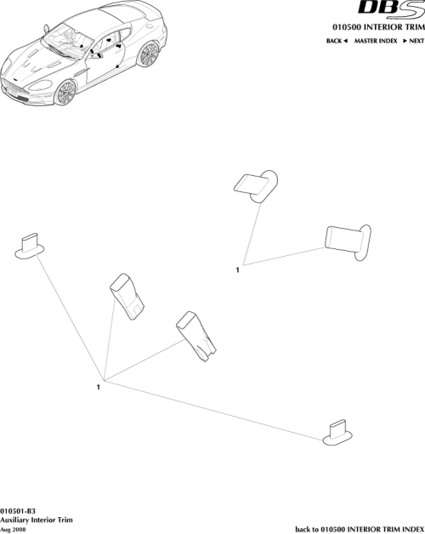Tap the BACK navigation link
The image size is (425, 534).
point(337,41)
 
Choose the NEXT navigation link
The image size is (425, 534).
point(413,41)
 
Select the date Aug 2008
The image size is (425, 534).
point(14,528)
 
